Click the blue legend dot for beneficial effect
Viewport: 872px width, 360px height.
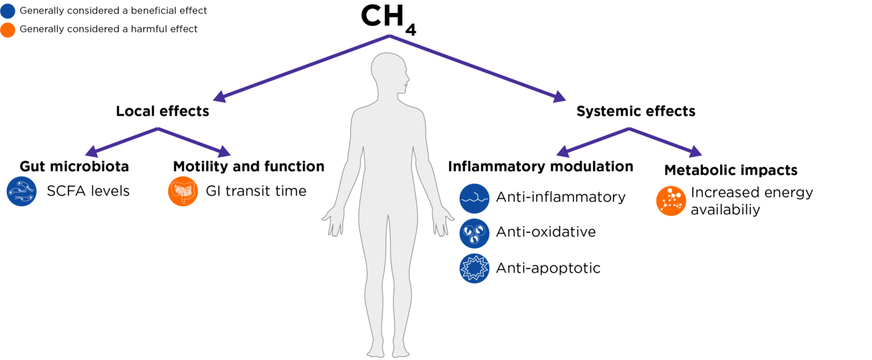point(8,11)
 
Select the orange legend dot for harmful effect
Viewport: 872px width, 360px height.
point(8,29)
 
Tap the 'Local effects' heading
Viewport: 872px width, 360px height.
point(162,111)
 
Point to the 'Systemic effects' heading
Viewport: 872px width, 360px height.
point(635,111)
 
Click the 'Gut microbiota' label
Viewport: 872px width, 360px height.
point(74,166)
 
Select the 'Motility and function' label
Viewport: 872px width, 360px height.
point(249,166)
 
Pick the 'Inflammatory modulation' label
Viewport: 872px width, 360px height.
point(541,166)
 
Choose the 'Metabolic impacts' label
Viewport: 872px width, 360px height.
point(731,170)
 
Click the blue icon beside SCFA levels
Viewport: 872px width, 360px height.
point(22,191)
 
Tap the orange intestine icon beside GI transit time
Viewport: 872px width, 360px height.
point(183,191)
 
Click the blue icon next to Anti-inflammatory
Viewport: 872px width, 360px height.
point(474,198)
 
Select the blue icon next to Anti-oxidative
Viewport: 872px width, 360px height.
point(474,233)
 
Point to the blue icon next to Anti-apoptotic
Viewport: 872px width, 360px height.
point(474,268)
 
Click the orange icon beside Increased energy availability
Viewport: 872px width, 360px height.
point(671,201)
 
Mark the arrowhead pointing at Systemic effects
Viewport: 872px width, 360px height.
point(560,97)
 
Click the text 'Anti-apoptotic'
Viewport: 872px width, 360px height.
point(548,268)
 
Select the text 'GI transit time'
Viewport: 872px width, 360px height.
point(256,191)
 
